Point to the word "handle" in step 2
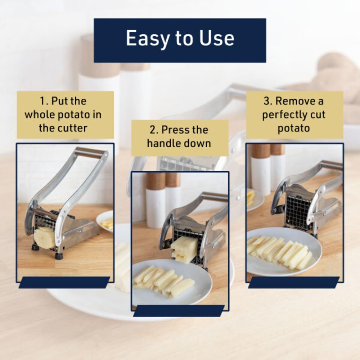[161, 143]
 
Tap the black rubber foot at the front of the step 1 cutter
[59, 256]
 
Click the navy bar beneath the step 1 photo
[64, 283]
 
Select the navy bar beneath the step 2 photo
[179, 311]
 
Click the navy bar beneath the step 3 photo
[293, 283]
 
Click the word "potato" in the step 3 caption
[294, 128]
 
